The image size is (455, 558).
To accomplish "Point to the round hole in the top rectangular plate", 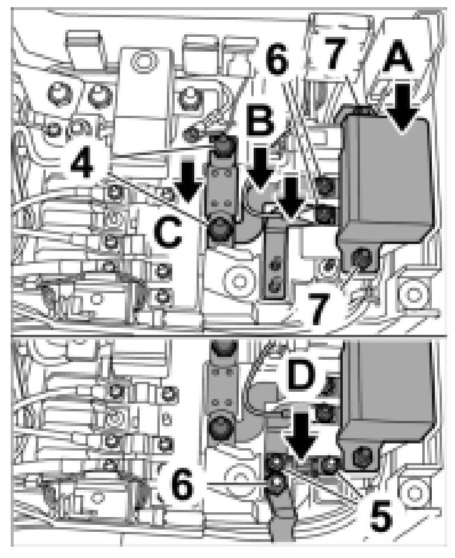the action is (x=141, y=60).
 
